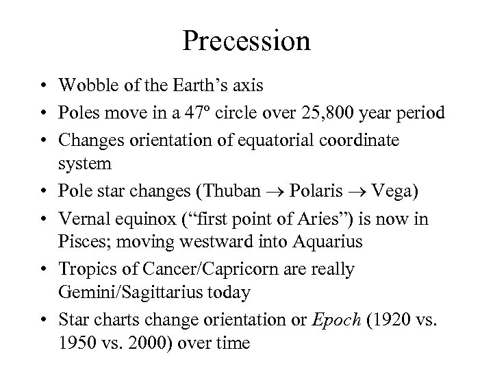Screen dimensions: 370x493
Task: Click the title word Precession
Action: (x=246, y=40)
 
